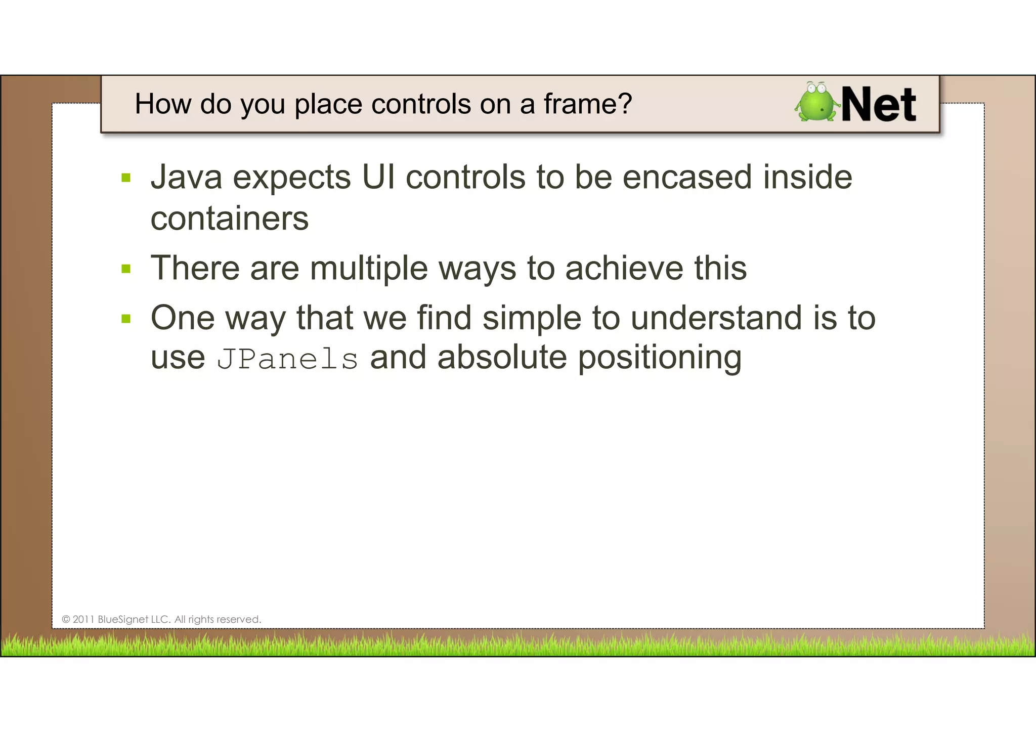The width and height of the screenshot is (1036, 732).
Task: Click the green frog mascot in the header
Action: click(x=815, y=103)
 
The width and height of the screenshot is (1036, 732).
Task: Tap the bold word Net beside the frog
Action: click(x=879, y=105)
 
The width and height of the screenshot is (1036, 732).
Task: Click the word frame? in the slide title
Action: click(x=588, y=104)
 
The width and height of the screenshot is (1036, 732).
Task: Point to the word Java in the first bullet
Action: click(x=186, y=178)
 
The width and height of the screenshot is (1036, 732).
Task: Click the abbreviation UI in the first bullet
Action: click(x=378, y=178)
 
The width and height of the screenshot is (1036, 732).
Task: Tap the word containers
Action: click(x=230, y=219)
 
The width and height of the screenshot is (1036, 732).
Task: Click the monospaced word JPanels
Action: click(x=287, y=359)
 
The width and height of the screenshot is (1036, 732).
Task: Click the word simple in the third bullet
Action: click(x=532, y=319)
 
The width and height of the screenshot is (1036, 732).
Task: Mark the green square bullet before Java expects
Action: click(x=126, y=178)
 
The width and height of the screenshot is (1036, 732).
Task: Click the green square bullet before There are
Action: click(x=126, y=269)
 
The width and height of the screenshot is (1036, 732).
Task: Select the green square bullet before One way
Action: click(x=126, y=319)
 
